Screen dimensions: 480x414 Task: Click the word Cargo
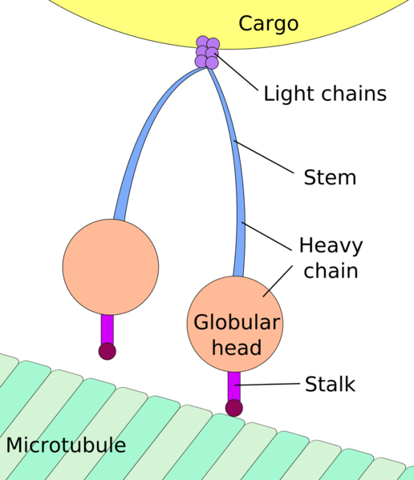[x=268, y=24]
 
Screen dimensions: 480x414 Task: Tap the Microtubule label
[x=66, y=446]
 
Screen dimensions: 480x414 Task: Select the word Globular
[x=237, y=323]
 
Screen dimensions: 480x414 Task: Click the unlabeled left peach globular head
[x=110, y=266]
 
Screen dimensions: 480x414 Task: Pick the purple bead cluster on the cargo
[x=207, y=53]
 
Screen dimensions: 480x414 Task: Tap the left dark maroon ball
[x=107, y=351]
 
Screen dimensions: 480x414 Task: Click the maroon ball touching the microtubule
[x=233, y=408]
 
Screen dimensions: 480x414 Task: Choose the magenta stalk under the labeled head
[x=233, y=385]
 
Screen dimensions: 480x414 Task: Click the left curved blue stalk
[x=144, y=136]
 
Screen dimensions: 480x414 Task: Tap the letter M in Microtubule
[x=14, y=446]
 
